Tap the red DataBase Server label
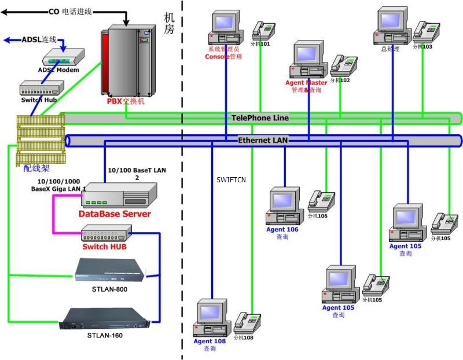tap(115, 214)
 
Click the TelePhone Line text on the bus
tap(260, 118)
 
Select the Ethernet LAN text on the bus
tap(263, 141)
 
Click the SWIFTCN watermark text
tap(231, 180)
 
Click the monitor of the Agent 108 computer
tap(211, 313)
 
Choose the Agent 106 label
tap(282, 230)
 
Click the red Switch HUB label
tap(104, 247)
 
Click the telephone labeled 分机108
tap(248, 322)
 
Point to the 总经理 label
tap(391, 49)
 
